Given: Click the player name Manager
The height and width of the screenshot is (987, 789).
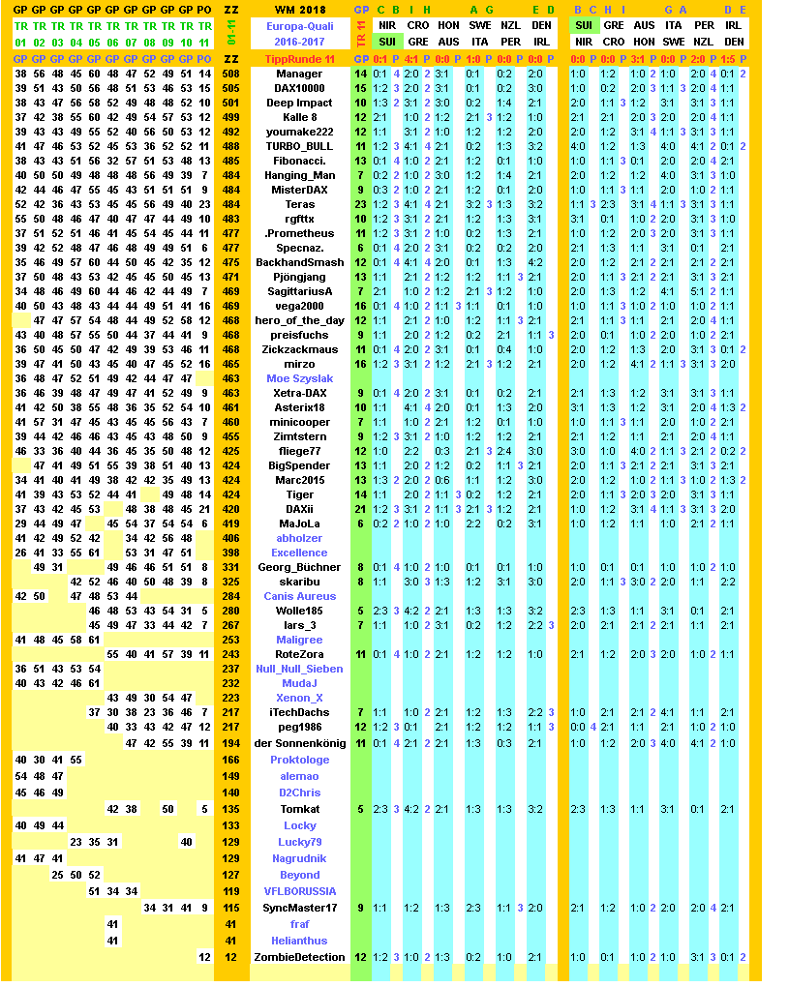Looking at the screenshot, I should [299, 74].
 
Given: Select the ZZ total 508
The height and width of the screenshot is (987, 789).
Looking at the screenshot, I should [230, 74].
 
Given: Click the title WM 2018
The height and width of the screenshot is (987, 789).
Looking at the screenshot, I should [299, 9].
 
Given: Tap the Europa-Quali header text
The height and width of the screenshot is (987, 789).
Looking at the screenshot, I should [299, 26].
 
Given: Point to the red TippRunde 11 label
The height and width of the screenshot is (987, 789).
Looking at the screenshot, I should [299, 59].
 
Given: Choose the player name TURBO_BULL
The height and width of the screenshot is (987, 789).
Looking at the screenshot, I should [299, 146].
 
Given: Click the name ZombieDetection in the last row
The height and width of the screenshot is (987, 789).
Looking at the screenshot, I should [299, 957].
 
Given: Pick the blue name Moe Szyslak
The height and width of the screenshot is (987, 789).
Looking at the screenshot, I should [299, 378].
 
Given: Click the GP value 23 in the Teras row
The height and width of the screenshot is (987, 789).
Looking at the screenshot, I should [360, 204].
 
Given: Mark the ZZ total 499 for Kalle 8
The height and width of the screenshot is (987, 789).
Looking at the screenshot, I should [230, 117].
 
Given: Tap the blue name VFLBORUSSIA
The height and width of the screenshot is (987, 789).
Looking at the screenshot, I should [299, 891].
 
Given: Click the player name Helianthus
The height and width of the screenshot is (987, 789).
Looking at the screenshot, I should [299, 941].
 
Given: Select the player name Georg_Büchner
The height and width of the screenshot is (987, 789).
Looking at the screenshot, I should [299, 567].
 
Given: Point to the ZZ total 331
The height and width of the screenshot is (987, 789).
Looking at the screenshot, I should [230, 567].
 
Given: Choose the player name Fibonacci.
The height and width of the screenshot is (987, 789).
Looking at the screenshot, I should [299, 161].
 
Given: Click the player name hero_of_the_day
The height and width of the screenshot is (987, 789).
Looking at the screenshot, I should [299, 320].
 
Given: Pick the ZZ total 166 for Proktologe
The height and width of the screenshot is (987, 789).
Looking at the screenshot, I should [230, 760].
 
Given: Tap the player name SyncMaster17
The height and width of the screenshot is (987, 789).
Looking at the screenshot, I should [299, 908].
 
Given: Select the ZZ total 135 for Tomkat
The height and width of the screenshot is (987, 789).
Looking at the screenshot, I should [230, 809].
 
